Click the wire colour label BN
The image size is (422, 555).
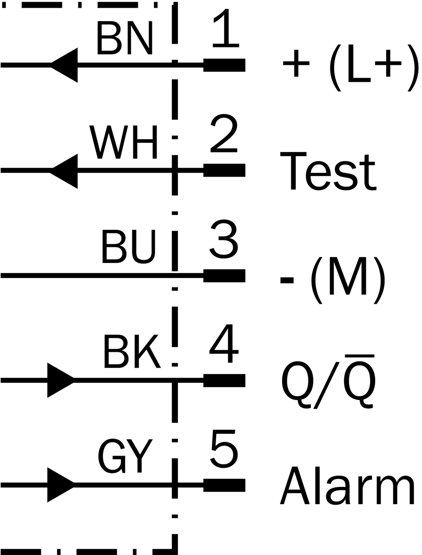tap(125, 38)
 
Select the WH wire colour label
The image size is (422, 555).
tap(123, 142)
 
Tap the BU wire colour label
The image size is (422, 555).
tap(128, 246)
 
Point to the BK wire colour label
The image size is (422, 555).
tap(132, 351)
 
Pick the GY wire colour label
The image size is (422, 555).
tap(125, 456)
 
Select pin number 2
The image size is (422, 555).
tap(224, 133)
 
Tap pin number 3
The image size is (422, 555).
tap(224, 239)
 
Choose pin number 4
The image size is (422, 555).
tap(224, 344)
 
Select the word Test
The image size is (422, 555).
tap(328, 171)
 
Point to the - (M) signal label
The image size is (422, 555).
tap(333, 280)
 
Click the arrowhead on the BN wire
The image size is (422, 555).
tap(65, 65)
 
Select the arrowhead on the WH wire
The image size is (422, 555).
tap(65, 171)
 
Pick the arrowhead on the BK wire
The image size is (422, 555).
tap(60, 380)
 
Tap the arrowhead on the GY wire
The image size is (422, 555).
tap(60, 485)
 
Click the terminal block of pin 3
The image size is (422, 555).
tap(224, 276)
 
